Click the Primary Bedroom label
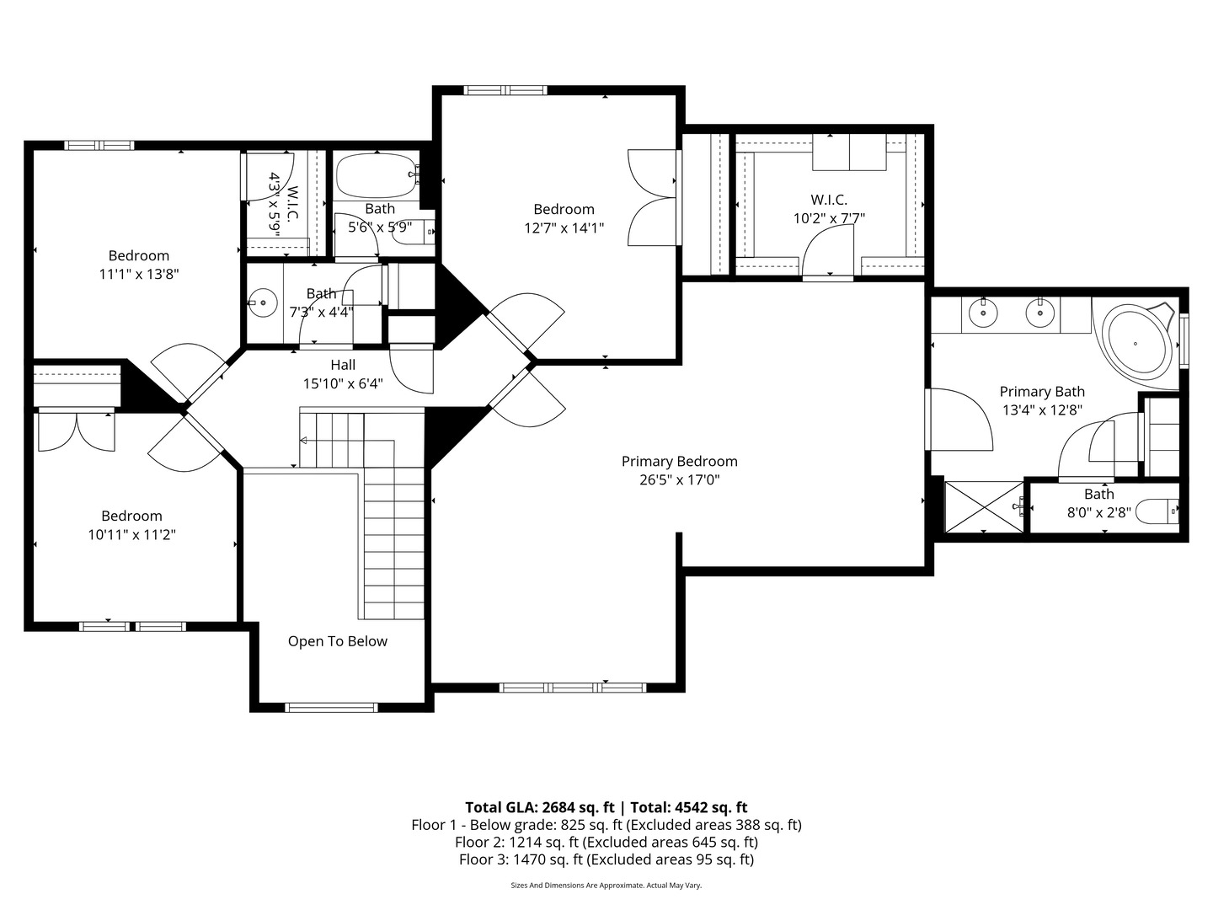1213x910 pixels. (x=679, y=461)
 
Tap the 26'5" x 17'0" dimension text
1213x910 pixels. (x=679, y=480)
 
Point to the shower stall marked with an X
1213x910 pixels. (x=983, y=506)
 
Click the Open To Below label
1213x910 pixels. (x=337, y=641)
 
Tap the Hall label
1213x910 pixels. (x=342, y=365)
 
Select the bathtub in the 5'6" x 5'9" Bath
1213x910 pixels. (x=375, y=176)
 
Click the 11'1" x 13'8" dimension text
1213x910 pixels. (x=138, y=274)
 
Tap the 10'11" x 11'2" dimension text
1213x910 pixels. (x=131, y=534)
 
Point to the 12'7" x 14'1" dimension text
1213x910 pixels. (x=564, y=227)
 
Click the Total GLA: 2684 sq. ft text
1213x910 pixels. (x=539, y=807)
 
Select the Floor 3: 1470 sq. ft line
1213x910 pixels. (x=606, y=859)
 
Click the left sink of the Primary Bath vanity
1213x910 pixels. (x=982, y=314)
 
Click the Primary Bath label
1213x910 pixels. (x=1041, y=392)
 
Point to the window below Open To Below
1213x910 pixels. (x=332, y=707)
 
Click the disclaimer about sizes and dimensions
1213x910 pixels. (x=606, y=886)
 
